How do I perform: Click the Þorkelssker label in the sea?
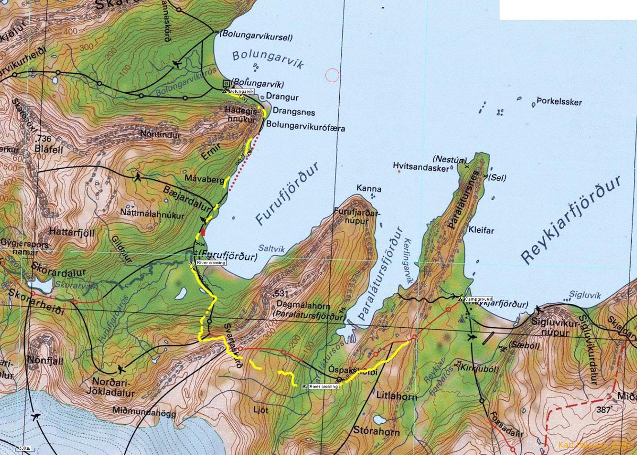pos(559,102)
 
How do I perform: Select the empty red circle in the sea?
pos(332,75)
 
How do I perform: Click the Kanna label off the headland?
pos(369,188)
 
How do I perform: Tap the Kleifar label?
pos(481,231)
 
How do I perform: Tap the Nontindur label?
pos(160,135)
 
